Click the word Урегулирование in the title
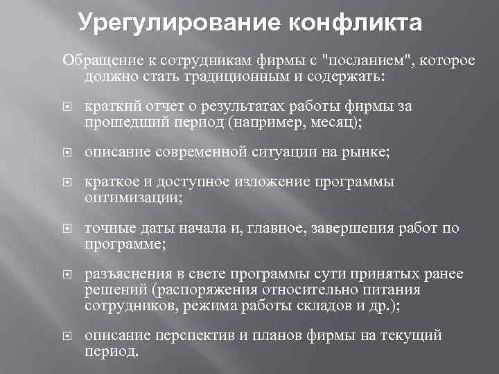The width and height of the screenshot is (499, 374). pos(168,23)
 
